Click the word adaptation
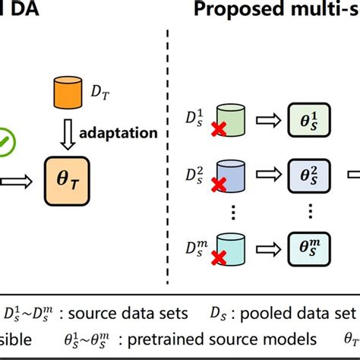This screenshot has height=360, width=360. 119,134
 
